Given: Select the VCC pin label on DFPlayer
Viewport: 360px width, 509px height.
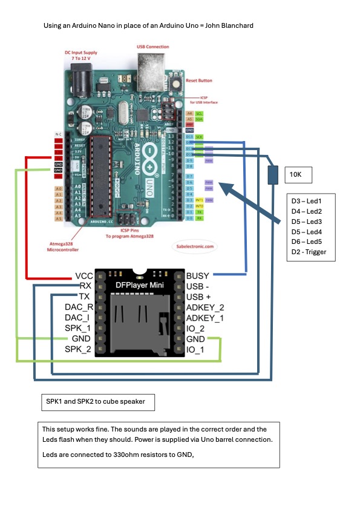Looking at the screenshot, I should pyautogui.click(x=84, y=276).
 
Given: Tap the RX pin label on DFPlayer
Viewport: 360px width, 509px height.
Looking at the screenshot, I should pyautogui.click(x=86, y=286).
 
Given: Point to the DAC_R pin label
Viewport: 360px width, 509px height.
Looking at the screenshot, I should pyautogui.click(x=79, y=307).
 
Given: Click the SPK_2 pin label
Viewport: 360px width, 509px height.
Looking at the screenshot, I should pyautogui.click(x=79, y=349).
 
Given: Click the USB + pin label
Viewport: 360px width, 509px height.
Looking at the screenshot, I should pyautogui.click(x=199, y=297).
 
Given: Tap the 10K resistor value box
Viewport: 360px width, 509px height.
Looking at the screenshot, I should pyautogui.click(x=298, y=175).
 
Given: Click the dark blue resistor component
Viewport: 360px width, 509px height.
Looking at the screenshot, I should pyautogui.click(x=272, y=174).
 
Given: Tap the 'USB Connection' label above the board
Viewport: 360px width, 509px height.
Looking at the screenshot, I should pyautogui.click(x=153, y=47).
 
